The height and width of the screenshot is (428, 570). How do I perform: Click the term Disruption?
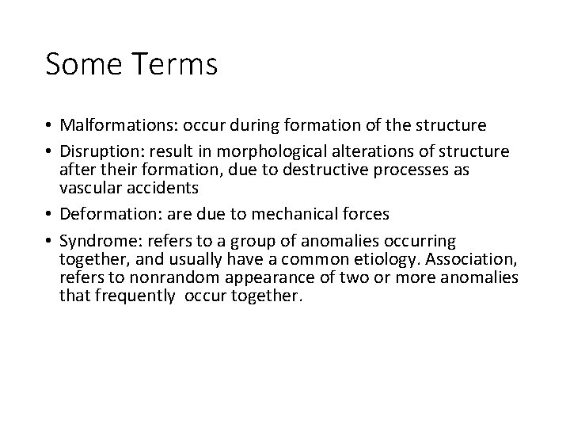[x=97, y=152]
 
